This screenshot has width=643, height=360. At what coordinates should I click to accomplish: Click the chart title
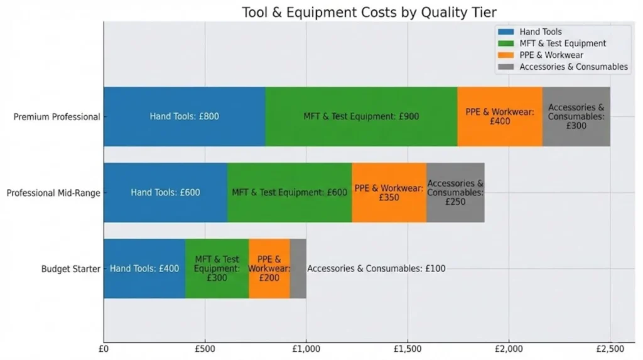click(x=369, y=13)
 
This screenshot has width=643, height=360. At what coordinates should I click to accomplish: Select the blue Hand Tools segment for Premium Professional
click(x=184, y=116)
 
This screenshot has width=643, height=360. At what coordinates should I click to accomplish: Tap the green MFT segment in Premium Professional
click(x=361, y=116)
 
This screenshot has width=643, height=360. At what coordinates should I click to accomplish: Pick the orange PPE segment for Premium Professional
click(x=500, y=116)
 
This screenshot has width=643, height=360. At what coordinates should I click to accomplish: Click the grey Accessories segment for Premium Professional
click(x=576, y=116)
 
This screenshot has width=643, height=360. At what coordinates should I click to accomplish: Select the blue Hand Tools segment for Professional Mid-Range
click(x=165, y=192)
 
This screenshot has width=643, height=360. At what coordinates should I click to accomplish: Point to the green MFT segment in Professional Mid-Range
click(x=289, y=192)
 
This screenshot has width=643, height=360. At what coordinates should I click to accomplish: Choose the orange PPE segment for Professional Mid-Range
click(x=389, y=192)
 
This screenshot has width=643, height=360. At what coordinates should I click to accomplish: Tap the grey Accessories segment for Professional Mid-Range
click(x=455, y=192)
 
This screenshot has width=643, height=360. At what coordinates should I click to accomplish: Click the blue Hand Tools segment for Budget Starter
click(x=144, y=268)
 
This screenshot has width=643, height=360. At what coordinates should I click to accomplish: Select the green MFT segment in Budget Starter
click(x=217, y=268)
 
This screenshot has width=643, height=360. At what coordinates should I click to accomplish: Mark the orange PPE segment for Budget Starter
click(x=269, y=268)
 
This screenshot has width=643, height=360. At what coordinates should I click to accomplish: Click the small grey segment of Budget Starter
click(x=298, y=268)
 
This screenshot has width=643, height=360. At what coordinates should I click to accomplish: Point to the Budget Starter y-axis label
click(x=70, y=269)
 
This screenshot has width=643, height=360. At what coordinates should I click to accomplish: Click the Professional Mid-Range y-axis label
click(x=53, y=193)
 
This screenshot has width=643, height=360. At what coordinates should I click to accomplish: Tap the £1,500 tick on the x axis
click(x=408, y=348)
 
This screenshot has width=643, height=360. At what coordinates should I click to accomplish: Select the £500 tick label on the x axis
click(x=205, y=348)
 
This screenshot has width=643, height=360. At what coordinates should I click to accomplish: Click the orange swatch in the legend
click(x=505, y=55)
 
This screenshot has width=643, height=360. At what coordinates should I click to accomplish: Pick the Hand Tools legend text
click(x=541, y=31)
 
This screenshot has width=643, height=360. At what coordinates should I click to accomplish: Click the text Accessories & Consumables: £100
click(x=376, y=269)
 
